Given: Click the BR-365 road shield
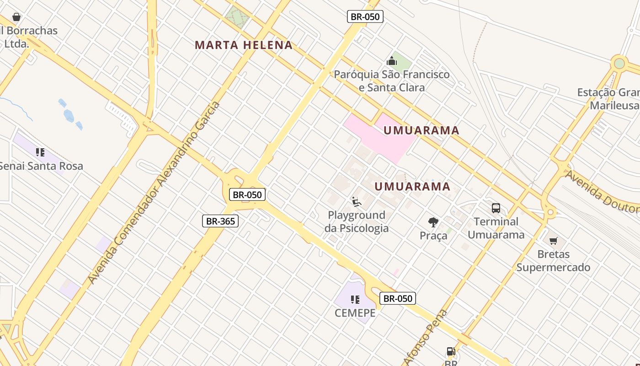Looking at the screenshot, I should point(220,221).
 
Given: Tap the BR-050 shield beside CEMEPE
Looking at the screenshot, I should point(398,299).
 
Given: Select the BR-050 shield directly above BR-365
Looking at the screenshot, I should point(247,194).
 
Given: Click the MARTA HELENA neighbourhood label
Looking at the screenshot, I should point(244,45).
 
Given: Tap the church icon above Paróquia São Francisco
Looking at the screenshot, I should point(392,61).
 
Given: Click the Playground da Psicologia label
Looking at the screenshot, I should point(357,221).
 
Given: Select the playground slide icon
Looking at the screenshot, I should point(357,201).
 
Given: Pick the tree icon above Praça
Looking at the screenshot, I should point(433,222).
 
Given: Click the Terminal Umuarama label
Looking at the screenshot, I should point(496,228).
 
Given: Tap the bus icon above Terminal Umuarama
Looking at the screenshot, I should point(496,208).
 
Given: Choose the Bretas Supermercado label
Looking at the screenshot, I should point(553,260).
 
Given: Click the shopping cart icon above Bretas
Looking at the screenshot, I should point(554,241).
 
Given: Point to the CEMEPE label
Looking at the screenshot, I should point(355,313).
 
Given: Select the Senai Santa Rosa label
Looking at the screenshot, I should point(41,166).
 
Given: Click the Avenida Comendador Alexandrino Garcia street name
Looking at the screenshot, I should point(154,192).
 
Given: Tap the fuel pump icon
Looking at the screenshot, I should point(451,352).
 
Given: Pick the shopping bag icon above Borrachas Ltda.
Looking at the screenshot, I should point(16,17).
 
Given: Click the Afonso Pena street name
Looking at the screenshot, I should point(425,338).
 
